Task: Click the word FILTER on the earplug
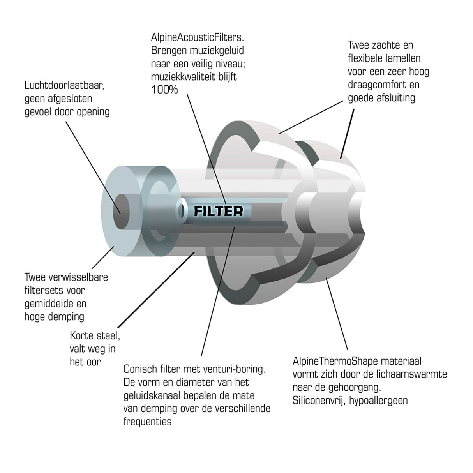pos(218,212)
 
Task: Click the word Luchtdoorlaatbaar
pos(65,85)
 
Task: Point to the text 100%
pos(164,90)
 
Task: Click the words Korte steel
pos(95,335)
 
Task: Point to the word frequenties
pos(147,422)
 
